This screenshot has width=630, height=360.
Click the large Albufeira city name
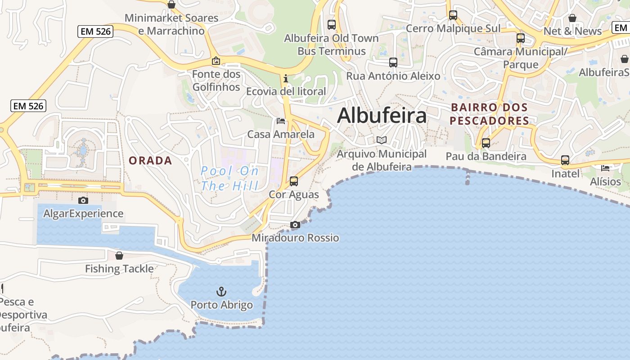click(x=382, y=116)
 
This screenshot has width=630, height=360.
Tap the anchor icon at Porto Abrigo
click(x=221, y=292)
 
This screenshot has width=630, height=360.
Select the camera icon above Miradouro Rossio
click(x=295, y=225)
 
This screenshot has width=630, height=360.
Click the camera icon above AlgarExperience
click(x=83, y=200)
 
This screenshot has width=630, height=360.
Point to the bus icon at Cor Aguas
click(x=294, y=181)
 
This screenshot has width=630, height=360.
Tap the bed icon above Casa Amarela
click(x=281, y=121)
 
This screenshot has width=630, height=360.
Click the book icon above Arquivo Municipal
click(x=382, y=140)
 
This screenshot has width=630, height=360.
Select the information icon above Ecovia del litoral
click(x=285, y=78)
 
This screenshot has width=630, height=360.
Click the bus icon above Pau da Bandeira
click(x=486, y=143)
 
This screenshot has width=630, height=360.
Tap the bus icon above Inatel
click(x=565, y=160)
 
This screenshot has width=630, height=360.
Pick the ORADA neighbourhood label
click(x=150, y=161)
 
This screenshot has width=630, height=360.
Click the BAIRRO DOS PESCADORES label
click(x=489, y=114)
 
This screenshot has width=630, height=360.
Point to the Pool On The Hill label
click(x=229, y=178)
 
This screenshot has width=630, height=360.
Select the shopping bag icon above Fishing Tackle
click(x=119, y=256)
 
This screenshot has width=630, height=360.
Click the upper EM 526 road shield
click(x=95, y=31)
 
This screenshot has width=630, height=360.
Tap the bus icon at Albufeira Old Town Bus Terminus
click(x=332, y=25)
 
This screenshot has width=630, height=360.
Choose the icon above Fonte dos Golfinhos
click(x=216, y=61)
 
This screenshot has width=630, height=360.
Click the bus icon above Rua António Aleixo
click(x=393, y=63)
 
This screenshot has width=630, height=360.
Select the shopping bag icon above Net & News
click(x=572, y=18)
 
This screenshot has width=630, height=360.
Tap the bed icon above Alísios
click(x=605, y=168)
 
